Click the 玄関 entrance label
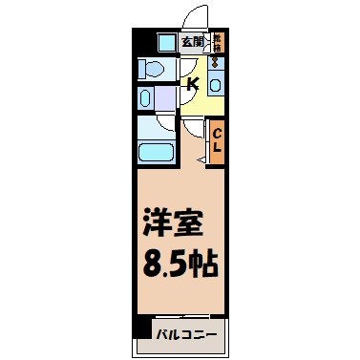pos(192,42)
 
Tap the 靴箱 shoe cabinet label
pos(218,41)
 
